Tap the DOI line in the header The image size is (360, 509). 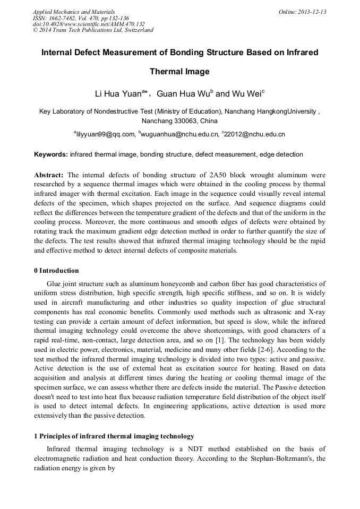click(x=89, y=24)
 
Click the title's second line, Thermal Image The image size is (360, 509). click(x=179, y=72)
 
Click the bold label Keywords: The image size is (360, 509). click(x=51, y=154)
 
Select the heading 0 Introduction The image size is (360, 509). click(x=56, y=271)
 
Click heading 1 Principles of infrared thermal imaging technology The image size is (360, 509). click(x=114, y=436)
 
